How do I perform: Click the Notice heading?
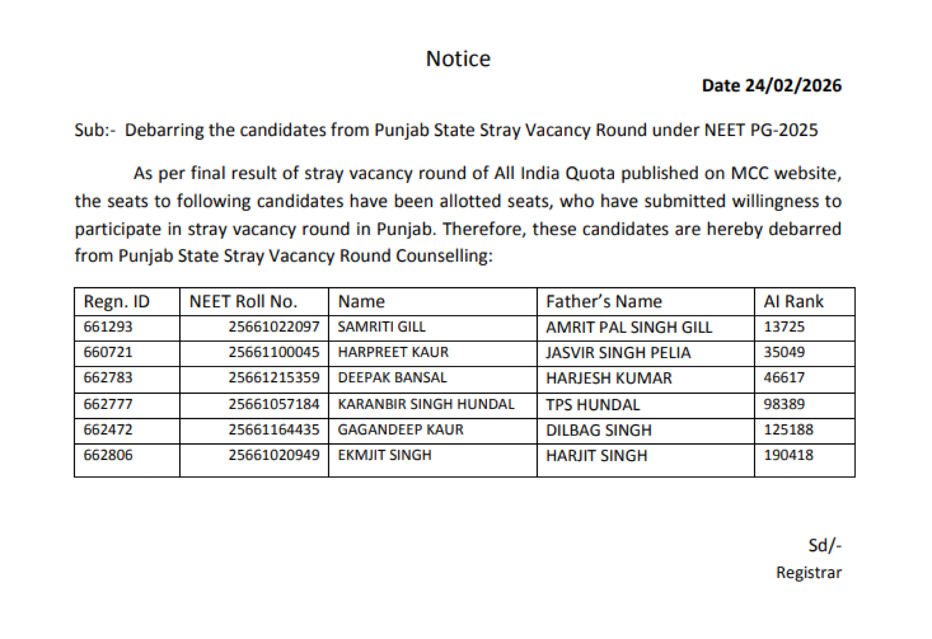pos(458,59)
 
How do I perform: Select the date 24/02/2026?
pos(793,86)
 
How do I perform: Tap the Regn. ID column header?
pos(116,301)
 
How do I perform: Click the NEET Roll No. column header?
pos(243,301)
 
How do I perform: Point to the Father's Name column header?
pos(603,301)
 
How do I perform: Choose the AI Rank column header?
pos(793,301)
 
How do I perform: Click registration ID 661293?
pos(108,327)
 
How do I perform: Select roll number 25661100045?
pos(274,352)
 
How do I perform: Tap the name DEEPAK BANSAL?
pos(392,378)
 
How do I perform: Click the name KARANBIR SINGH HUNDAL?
pos(426,404)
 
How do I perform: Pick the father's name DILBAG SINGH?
pos(599,430)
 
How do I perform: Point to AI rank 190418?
pos(788,455)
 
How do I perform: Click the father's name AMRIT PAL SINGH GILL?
pos(629,327)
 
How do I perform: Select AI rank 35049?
pos(784,352)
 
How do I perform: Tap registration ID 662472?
pos(108,430)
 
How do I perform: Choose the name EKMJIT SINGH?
pos(385,455)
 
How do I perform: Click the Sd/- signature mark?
pos(825,545)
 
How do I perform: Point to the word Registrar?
pos(809,573)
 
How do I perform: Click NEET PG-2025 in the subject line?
pos(761,130)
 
